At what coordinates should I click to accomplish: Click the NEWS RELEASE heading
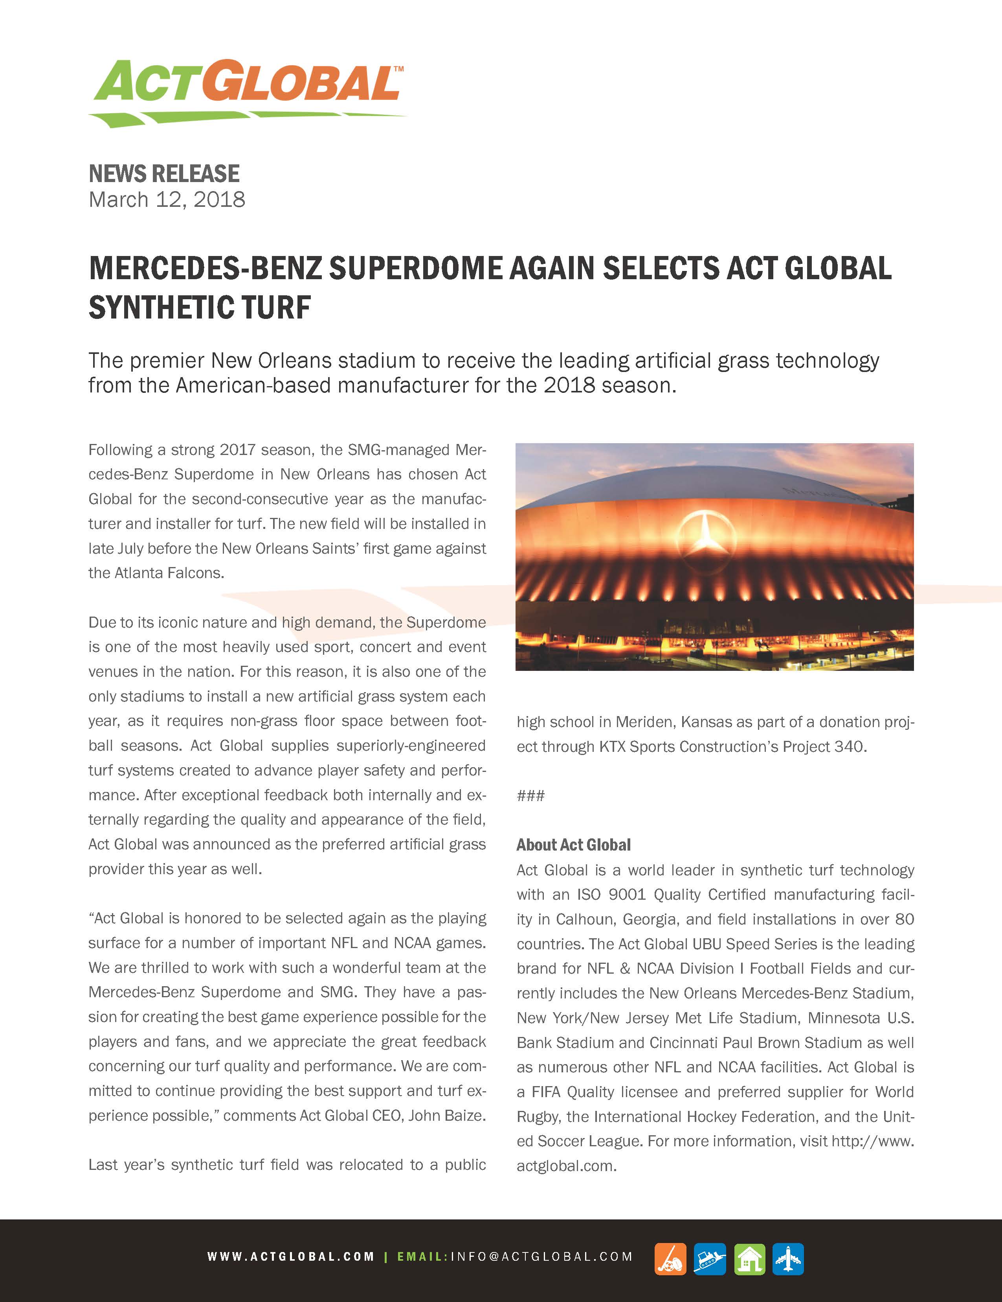(164, 174)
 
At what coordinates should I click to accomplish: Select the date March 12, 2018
(167, 200)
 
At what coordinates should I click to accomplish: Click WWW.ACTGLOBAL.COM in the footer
(291, 1257)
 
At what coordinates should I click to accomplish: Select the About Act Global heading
(573, 845)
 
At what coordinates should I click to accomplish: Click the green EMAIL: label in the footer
(422, 1257)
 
